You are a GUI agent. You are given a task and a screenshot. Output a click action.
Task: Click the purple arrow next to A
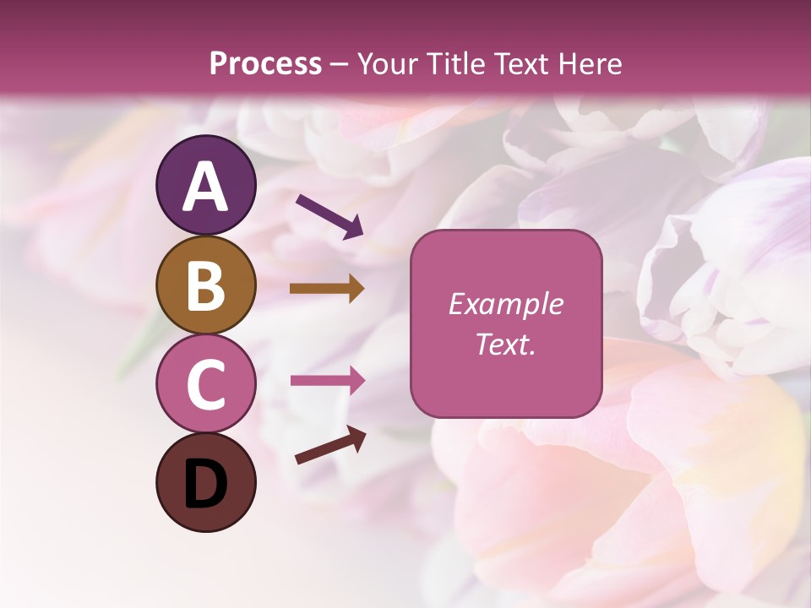(x=329, y=216)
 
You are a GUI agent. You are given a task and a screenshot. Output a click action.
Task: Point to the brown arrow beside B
(x=327, y=289)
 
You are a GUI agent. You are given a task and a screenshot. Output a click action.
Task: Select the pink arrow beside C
(x=327, y=380)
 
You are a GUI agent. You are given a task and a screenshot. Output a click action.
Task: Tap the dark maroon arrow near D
(x=330, y=445)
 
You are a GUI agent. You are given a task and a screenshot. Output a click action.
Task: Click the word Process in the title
(x=265, y=63)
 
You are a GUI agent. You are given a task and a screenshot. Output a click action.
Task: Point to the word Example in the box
(x=505, y=304)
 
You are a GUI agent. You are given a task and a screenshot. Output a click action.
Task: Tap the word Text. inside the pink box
(x=505, y=344)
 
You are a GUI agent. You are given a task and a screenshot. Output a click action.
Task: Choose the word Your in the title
(x=384, y=63)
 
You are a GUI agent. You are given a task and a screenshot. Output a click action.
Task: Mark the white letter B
(x=206, y=286)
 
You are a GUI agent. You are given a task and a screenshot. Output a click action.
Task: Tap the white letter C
(x=206, y=384)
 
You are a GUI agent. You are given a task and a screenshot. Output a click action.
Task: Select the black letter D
(x=206, y=484)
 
